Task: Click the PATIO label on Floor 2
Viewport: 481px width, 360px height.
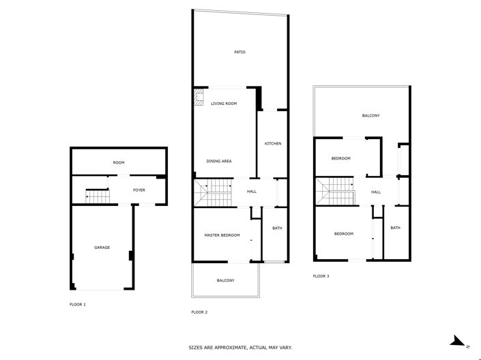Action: (x=239, y=52)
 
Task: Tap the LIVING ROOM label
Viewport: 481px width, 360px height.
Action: (x=224, y=104)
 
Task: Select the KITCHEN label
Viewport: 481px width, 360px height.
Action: (x=273, y=143)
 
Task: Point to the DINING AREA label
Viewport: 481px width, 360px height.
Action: (x=219, y=161)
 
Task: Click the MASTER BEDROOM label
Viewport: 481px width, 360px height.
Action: (x=222, y=235)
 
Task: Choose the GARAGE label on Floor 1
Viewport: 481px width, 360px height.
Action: (x=102, y=247)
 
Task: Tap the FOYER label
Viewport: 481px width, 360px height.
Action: (x=139, y=190)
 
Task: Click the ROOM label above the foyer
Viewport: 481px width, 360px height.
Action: (x=119, y=162)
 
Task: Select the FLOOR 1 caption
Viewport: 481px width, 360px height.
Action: (x=78, y=303)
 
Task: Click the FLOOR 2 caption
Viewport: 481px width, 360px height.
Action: (x=199, y=312)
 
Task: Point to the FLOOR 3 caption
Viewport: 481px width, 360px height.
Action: (x=321, y=276)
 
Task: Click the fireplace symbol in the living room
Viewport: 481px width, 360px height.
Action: (x=199, y=99)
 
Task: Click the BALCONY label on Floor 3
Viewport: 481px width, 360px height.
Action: (x=370, y=116)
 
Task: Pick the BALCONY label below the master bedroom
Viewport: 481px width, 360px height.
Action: (x=226, y=280)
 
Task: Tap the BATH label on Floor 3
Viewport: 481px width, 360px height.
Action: (x=395, y=228)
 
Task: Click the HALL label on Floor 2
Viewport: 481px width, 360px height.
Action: (x=251, y=192)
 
